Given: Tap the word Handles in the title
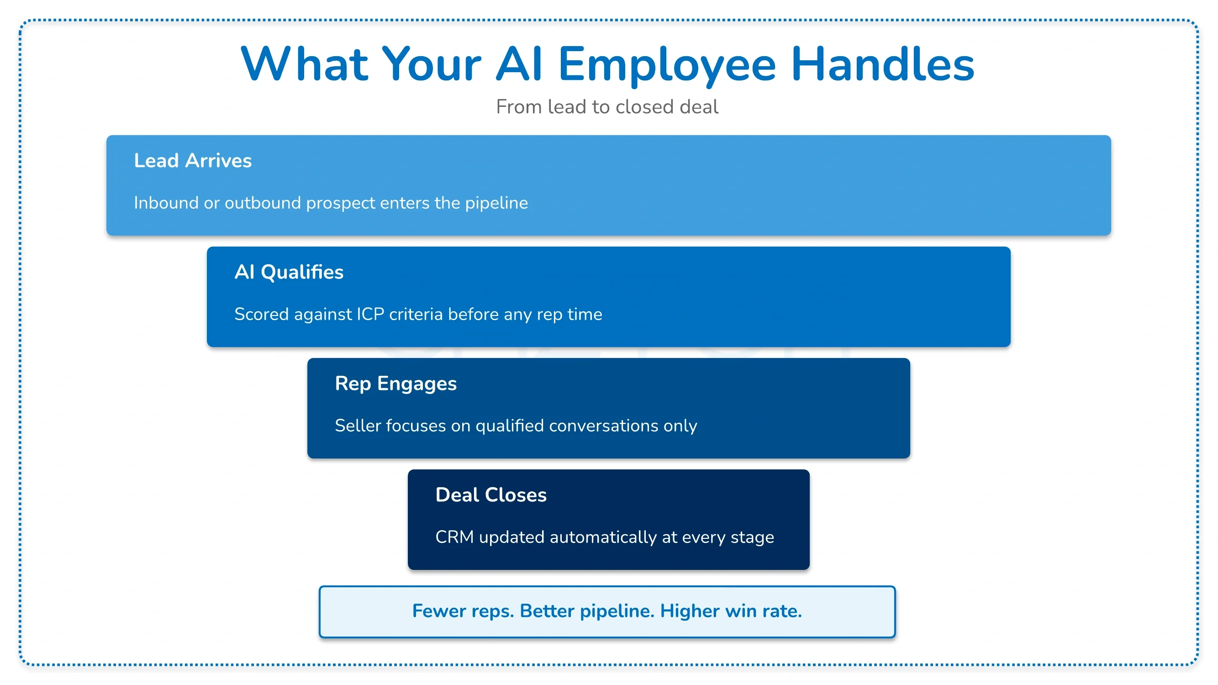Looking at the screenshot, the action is pos(882,64).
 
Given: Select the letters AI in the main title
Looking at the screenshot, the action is pos(518,64).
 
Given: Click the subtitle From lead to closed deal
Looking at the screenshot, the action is pos(607,107).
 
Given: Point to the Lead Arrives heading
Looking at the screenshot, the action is pos(193,161).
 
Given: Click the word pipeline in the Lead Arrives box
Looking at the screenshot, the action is pos(496,203).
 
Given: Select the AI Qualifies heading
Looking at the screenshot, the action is pos(289,272).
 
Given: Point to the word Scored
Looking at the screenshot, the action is pos(262,314).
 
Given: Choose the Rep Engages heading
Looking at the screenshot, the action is pos(396,385).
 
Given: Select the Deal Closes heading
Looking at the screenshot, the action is pos(491,495).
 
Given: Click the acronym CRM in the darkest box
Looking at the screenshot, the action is pos(454,537).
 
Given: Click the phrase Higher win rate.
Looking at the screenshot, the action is pos(731,611).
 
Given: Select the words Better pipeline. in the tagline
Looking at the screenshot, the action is pos(587,611).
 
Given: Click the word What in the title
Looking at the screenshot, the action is pos(304,64).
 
